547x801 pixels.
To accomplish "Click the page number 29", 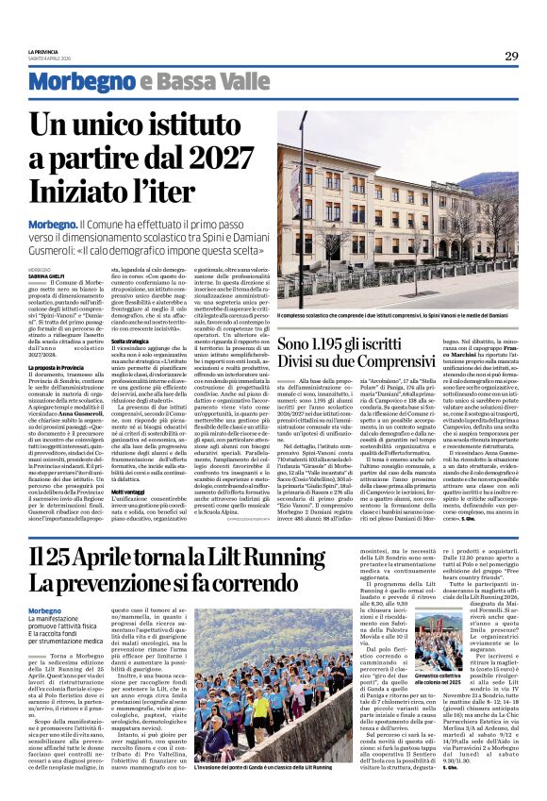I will pos(510,56).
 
